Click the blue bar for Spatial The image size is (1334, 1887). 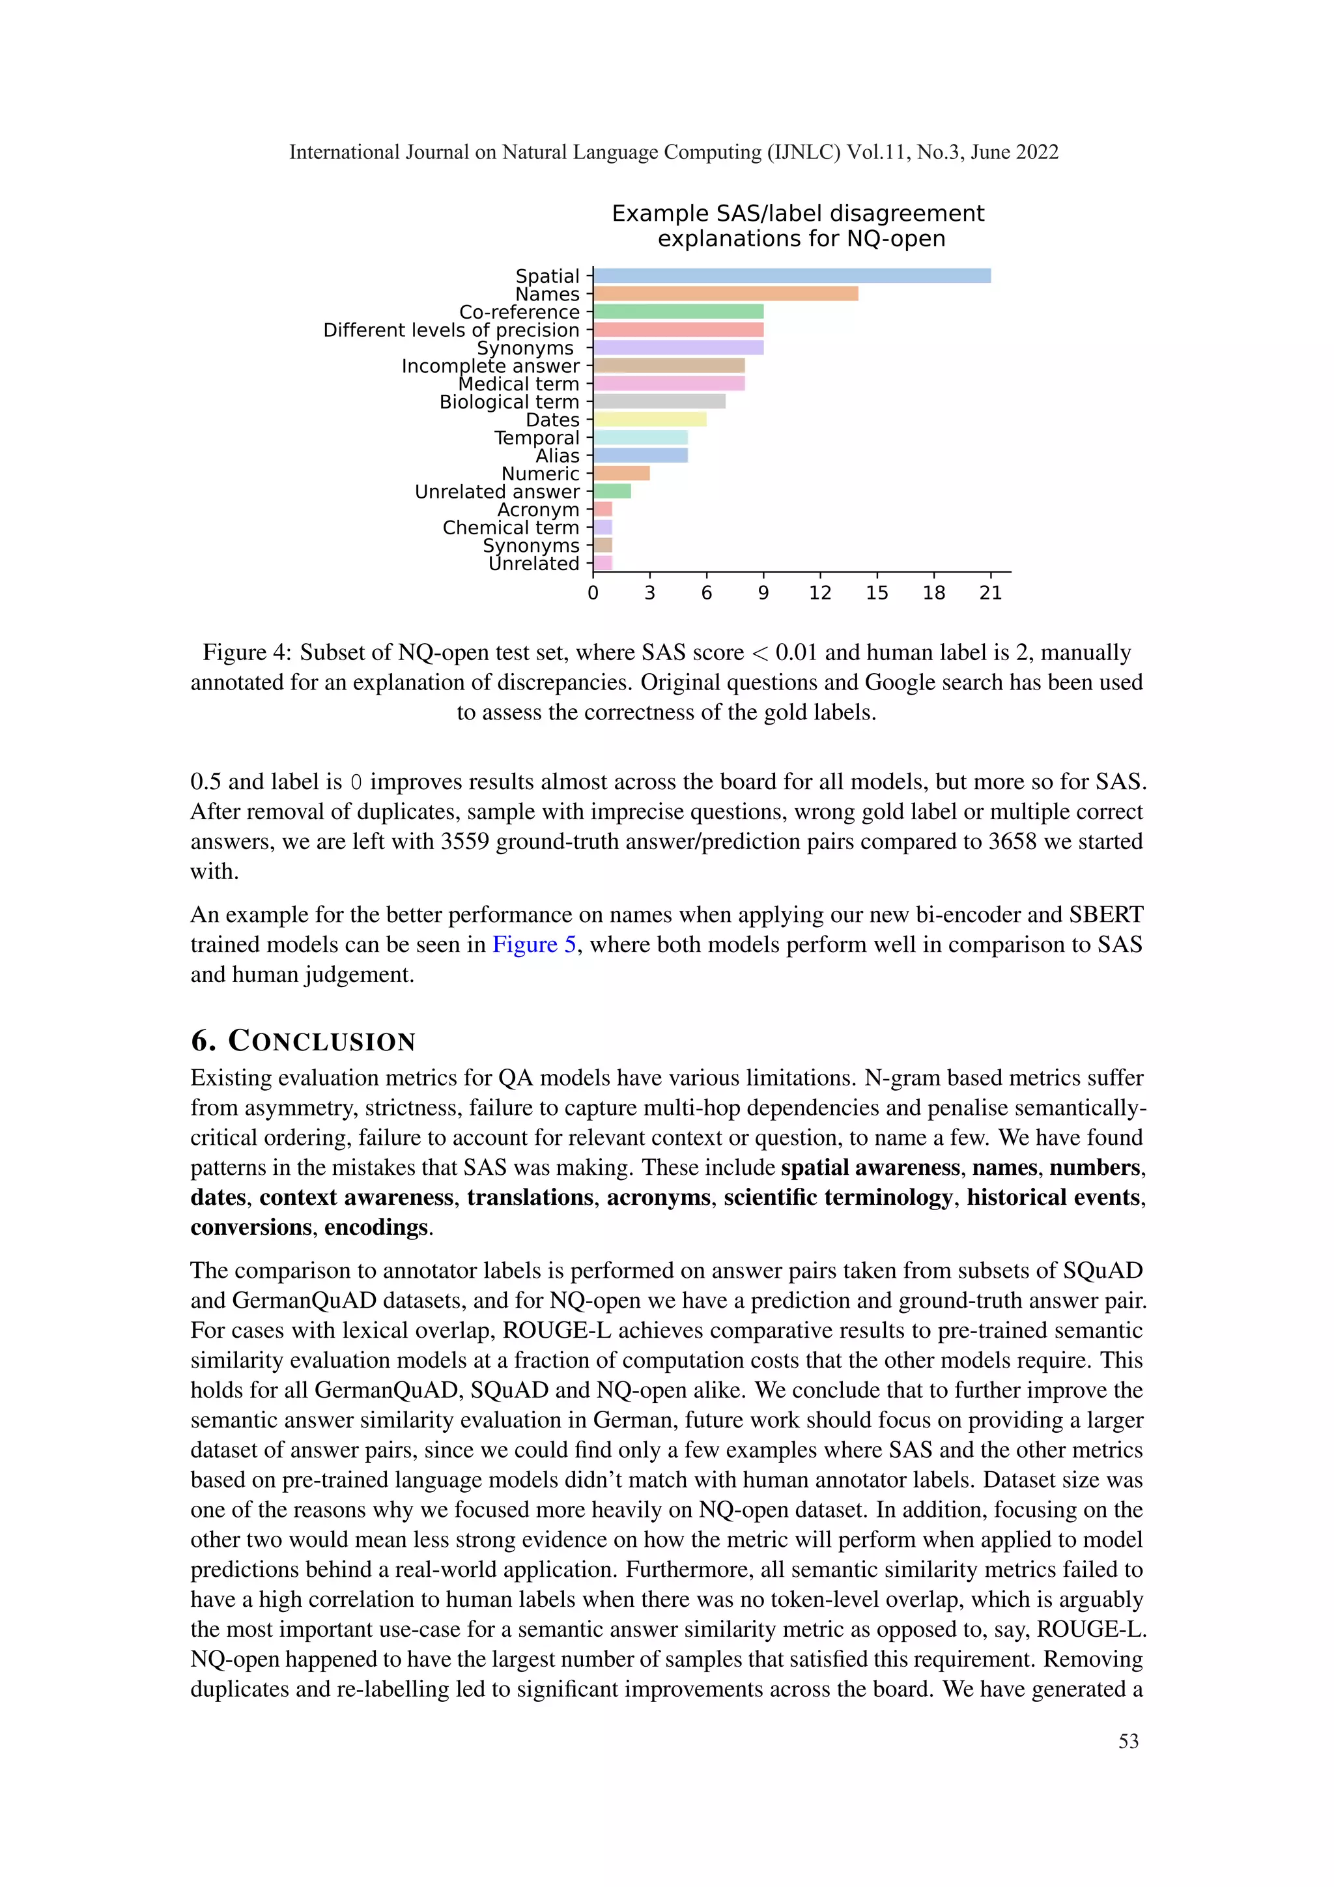point(792,276)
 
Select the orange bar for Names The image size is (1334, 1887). point(726,293)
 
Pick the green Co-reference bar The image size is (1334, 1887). point(679,311)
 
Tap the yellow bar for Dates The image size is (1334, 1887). point(650,419)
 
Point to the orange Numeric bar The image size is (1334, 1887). point(622,474)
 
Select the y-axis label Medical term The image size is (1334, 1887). point(518,384)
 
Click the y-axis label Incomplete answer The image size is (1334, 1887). point(490,366)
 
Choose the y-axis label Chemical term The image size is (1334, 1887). point(511,528)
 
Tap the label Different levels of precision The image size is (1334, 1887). point(451,330)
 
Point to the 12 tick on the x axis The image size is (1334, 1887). point(820,592)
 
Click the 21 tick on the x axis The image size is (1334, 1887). point(991,592)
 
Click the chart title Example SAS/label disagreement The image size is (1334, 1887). point(798,214)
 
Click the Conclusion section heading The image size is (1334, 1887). point(303,1041)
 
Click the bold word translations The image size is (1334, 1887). point(530,1198)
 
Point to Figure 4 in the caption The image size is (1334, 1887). point(246,652)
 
